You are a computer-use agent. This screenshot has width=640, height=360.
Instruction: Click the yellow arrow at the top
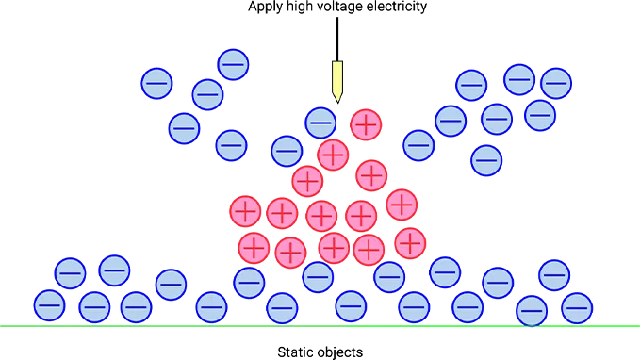pyautogui.click(x=336, y=82)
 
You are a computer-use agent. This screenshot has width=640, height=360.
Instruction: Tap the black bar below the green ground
pyautogui.click(x=320, y=353)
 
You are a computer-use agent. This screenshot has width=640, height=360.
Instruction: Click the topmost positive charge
pyautogui.click(x=364, y=123)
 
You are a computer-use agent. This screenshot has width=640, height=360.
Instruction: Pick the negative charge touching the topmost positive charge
pyautogui.click(x=321, y=123)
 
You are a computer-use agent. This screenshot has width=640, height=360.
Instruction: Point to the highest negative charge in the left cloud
pyautogui.click(x=233, y=65)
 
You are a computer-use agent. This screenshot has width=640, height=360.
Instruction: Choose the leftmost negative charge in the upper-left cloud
pyautogui.click(x=156, y=83)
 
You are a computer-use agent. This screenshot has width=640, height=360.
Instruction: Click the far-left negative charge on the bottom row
pyautogui.click(x=49, y=305)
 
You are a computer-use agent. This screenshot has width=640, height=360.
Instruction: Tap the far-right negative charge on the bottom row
pyautogui.click(x=576, y=306)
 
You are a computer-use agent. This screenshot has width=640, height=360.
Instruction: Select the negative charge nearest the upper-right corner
pyautogui.click(x=556, y=83)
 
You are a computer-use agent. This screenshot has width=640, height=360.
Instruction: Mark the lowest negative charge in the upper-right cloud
pyautogui.click(x=486, y=159)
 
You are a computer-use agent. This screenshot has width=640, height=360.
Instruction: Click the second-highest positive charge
pyautogui.click(x=333, y=154)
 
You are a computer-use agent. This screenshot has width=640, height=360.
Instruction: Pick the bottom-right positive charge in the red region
pyautogui.click(x=409, y=242)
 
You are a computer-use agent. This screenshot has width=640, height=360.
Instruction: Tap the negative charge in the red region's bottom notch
pyautogui.click(x=318, y=275)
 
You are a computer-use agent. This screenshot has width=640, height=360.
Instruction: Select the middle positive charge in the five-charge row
pyautogui.click(x=321, y=215)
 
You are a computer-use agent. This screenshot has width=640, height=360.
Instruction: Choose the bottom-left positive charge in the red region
pyautogui.click(x=253, y=248)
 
